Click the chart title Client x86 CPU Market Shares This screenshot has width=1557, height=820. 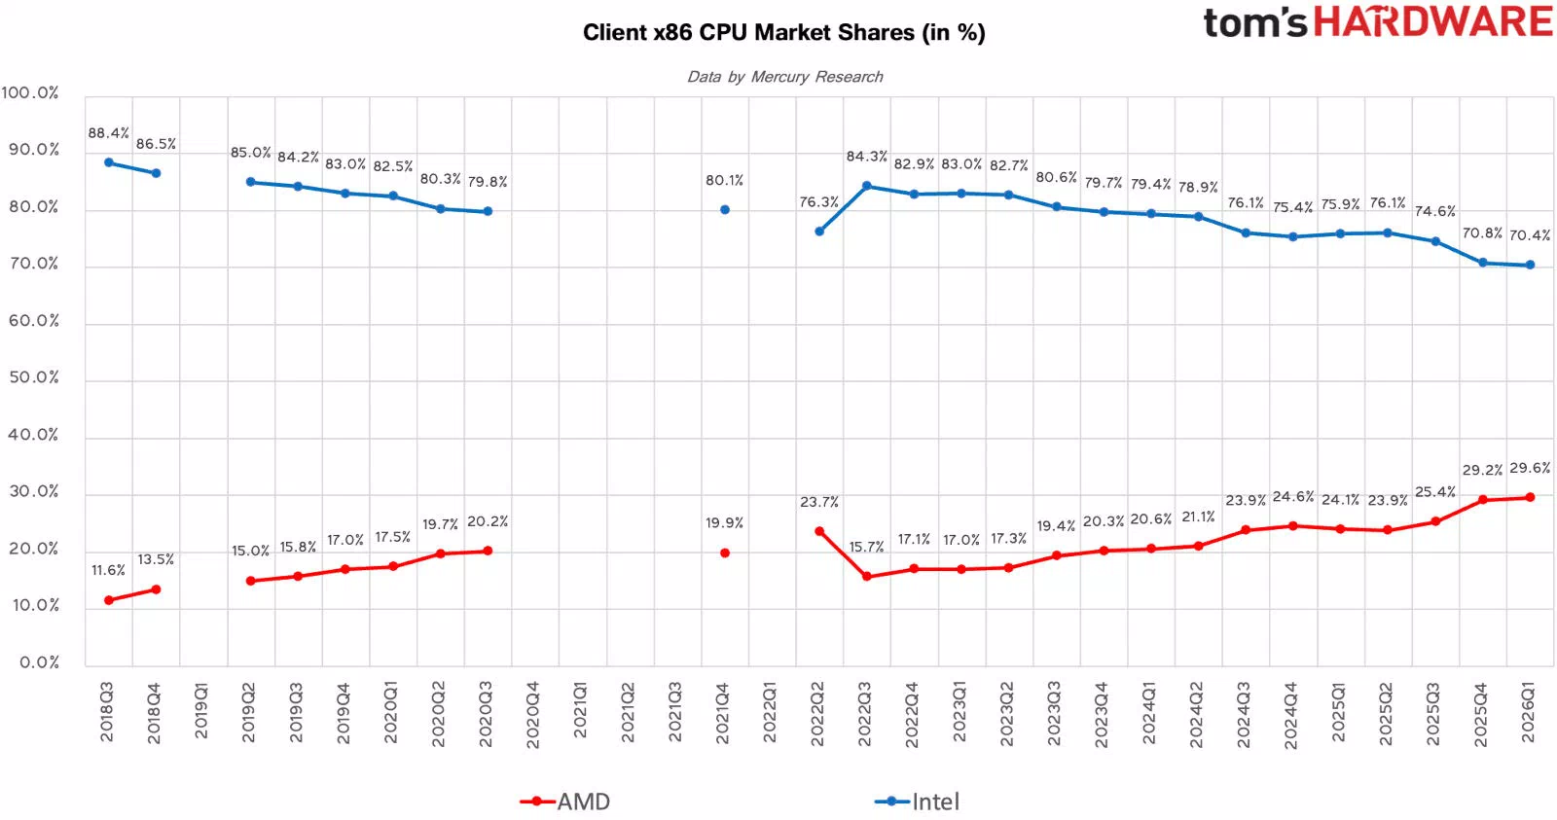784,33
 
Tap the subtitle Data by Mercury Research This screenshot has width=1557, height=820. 784,77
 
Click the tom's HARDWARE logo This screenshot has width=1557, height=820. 1378,21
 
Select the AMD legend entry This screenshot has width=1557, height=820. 565,802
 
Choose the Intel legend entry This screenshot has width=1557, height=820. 917,802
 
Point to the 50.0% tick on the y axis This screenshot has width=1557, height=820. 34,377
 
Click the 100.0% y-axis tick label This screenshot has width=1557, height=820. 30,92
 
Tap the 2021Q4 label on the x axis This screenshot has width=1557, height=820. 722,713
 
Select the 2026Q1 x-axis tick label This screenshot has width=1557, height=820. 1528,713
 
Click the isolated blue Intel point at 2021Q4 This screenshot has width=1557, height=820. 725,209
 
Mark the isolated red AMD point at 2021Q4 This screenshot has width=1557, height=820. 725,553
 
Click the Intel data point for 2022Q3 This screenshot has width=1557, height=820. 867,186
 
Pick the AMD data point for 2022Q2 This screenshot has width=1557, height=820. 819,532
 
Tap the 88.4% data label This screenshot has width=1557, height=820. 108,132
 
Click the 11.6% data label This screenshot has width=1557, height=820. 108,571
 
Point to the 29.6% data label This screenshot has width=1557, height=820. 1530,468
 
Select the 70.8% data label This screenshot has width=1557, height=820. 1483,232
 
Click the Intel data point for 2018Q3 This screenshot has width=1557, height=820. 109,162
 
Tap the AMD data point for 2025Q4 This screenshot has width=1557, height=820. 1483,500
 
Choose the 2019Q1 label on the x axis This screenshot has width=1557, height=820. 200,710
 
